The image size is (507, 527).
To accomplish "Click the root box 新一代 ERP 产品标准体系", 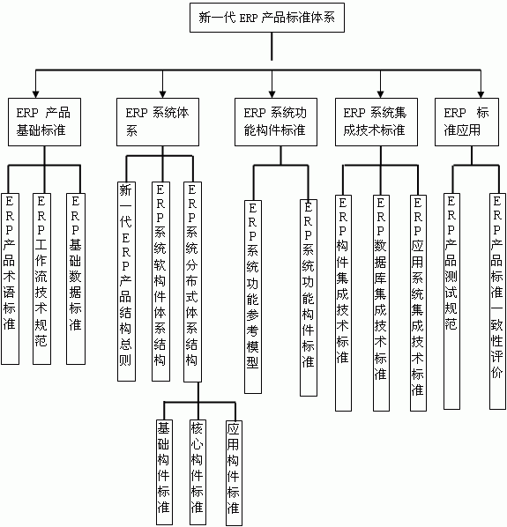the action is point(267,18).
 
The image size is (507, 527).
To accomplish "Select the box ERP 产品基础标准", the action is point(44,122).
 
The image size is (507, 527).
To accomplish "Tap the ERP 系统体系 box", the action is point(158,122).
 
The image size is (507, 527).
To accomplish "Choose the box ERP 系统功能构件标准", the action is point(276,122).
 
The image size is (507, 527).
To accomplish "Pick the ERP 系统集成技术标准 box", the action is point(377,122).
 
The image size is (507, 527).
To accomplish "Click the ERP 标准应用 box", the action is point(466,122).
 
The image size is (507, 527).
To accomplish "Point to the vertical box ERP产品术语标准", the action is point(10,279).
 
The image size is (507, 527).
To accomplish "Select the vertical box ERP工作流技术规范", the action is point(41,279).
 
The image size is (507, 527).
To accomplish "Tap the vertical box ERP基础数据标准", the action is point(76,279).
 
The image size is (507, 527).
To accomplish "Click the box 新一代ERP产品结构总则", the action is point(126,282).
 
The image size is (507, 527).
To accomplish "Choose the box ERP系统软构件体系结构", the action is point(160,282).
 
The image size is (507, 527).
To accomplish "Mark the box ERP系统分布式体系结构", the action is point(192,282).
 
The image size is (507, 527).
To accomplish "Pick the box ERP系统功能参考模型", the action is point(253,297).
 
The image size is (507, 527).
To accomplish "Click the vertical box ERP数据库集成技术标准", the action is point(381,303).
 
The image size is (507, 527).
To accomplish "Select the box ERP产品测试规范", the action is point(451,301).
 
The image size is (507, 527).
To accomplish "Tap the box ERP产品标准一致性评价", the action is point(497,301).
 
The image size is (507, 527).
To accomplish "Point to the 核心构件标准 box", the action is point(198,472).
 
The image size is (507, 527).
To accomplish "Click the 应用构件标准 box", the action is point(234,473).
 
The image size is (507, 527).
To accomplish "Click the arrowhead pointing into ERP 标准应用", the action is point(481,94).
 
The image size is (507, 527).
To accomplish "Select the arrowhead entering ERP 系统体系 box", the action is point(163,94).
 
